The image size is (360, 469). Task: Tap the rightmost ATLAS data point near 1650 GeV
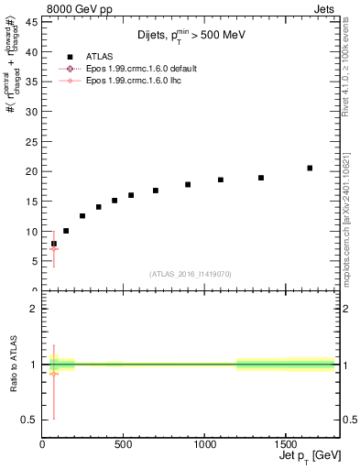tap(310, 168)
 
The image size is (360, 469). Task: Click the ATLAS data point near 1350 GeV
tap(261, 178)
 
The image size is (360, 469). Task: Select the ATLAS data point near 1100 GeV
tap(221, 180)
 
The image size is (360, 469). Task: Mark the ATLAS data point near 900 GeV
tap(188, 184)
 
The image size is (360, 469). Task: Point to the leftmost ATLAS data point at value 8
tap(54, 244)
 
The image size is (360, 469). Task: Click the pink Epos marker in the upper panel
tap(54, 249)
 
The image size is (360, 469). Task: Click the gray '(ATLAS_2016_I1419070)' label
tap(191, 274)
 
